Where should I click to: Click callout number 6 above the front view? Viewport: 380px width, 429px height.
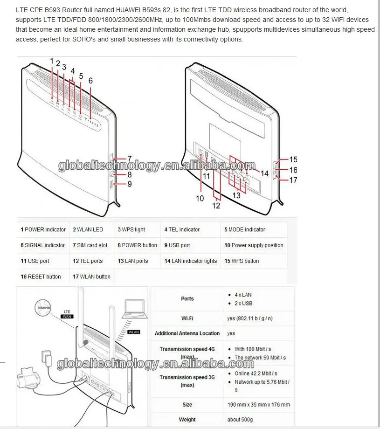pyautogui.click(x=90, y=81)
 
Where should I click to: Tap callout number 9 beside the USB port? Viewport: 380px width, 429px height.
pyautogui.click(x=129, y=184)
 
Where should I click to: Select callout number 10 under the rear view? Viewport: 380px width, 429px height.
pyautogui.click(x=200, y=198)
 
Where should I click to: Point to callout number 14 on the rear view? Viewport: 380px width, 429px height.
pyautogui.click(x=264, y=173)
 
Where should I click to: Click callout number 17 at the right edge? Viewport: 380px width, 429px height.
pyautogui.click(x=293, y=180)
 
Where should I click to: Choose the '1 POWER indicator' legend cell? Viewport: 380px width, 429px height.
pyautogui.click(x=43, y=229)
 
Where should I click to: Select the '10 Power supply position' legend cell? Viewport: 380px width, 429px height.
pyautogui.click(x=254, y=245)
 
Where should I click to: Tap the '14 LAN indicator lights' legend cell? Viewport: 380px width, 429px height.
pyautogui.click(x=191, y=261)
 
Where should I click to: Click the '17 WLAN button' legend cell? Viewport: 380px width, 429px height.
pyautogui.click(x=91, y=277)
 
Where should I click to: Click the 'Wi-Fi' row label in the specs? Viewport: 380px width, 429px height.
pyautogui.click(x=187, y=318)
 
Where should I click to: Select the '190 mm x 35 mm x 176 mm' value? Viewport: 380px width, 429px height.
pyautogui.click(x=259, y=404)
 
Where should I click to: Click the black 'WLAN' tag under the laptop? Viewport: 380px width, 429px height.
pyautogui.click(x=134, y=332)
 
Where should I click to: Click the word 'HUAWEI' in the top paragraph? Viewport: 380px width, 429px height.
pyautogui.click(x=129, y=9)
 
